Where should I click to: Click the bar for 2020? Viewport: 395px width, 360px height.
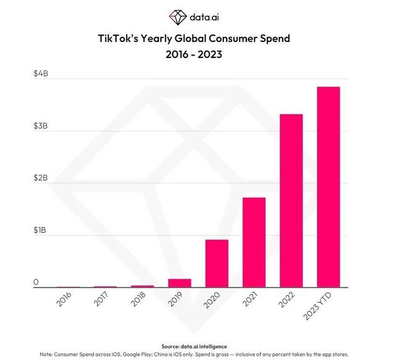(x=217, y=263)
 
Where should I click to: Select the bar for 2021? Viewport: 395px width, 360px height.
(x=254, y=242)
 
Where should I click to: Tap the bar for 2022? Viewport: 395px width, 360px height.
(x=291, y=201)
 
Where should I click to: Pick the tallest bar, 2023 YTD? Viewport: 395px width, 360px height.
(x=328, y=186)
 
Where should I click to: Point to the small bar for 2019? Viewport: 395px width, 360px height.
(x=180, y=283)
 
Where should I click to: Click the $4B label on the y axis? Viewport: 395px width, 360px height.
(x=41, y=74)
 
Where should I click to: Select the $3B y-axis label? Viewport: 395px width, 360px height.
(x=41, y=126)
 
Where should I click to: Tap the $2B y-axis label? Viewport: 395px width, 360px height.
(x=41, y=178)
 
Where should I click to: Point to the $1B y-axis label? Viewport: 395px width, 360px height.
(x=41, y=230)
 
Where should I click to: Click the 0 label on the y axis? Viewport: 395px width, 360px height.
(x=36, y=282)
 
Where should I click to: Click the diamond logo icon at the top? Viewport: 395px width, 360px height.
(x=177, y=15)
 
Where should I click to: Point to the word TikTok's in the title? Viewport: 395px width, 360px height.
(x=121, y=38)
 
